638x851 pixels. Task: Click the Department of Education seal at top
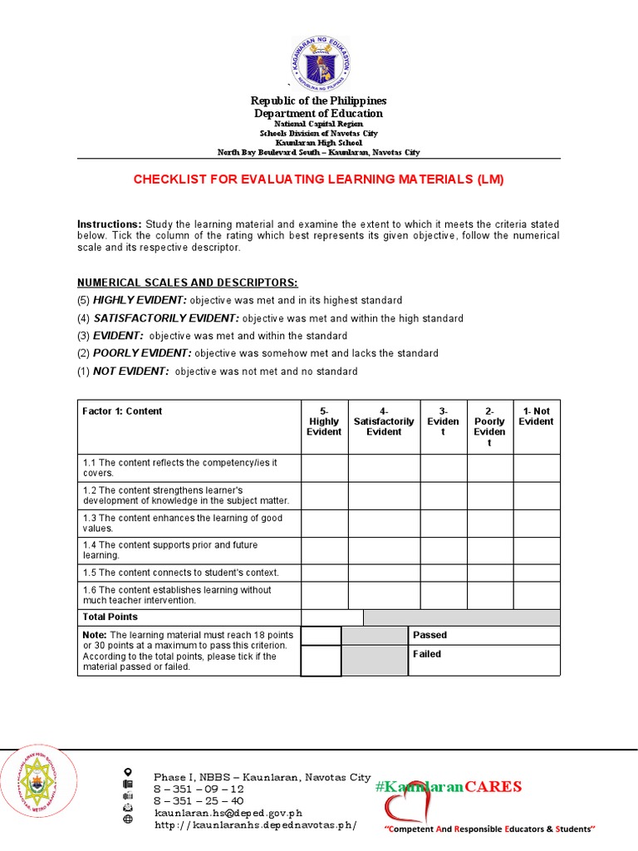319,62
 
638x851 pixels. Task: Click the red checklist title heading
319,179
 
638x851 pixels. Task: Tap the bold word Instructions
110,224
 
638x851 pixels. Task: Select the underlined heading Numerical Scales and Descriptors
188,283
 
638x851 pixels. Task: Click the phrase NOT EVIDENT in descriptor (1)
130,371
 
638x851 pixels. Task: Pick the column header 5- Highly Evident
324,421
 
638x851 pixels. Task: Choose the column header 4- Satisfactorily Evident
384,421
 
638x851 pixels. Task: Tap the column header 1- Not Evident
536,416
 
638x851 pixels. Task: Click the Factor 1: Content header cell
123,411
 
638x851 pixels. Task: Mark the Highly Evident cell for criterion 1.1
324,468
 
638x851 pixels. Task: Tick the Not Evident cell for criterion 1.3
536,524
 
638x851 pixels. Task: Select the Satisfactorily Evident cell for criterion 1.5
384,573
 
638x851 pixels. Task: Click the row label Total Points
110,617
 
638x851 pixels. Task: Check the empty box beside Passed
321,636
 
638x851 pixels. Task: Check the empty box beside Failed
321,661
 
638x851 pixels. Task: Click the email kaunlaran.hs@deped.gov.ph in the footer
228,813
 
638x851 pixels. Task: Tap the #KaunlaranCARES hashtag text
448,786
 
